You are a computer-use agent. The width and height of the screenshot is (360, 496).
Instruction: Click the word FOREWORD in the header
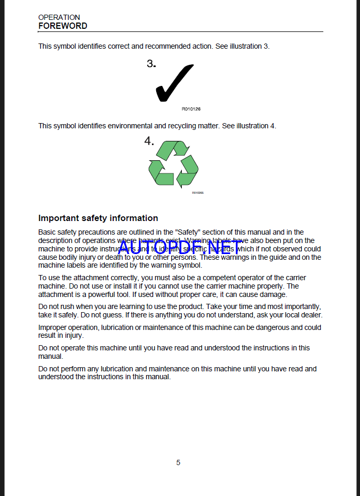[x=63, y=26]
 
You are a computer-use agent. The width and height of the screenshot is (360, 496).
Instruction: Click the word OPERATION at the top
[x=59, y=17]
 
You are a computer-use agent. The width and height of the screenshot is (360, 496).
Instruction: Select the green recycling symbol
[x=173, y=164]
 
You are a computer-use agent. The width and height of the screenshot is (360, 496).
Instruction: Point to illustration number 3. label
[x=151, y=64]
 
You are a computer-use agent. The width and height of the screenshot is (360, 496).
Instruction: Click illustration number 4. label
[x=149, y=141]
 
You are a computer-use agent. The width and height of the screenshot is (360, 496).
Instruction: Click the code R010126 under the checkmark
[x=191, y=109]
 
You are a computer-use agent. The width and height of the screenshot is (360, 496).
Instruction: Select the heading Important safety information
[x=98, y=218]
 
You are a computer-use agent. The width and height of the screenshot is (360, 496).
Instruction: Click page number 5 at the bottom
[x=178, y=462]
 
